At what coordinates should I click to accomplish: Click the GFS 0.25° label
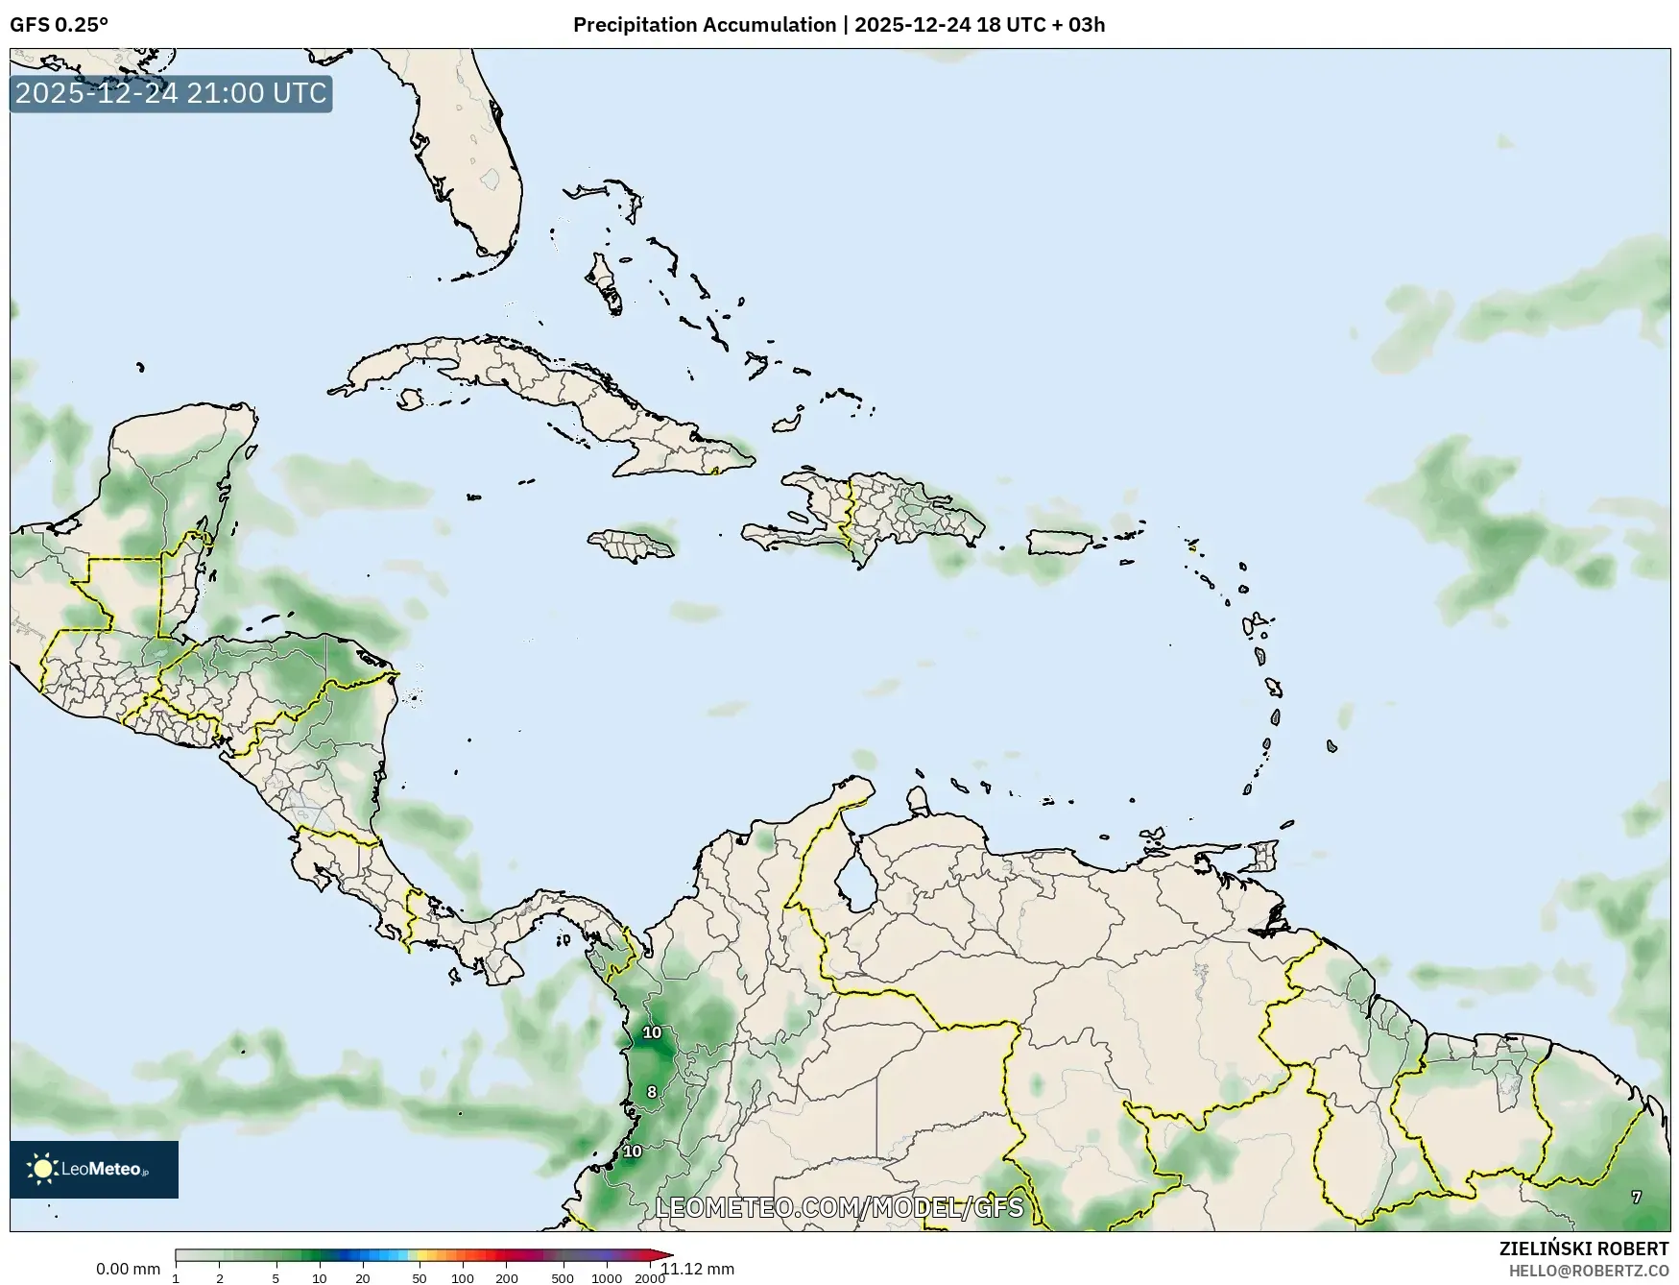(x=59, y=25)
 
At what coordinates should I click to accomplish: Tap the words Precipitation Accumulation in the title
(x=704, y=25)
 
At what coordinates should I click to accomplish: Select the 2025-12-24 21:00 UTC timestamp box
(x=171, y=93)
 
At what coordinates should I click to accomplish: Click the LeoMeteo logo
(x=93, y=1169)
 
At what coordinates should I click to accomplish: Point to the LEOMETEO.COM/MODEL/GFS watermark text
(x=839, y=1206)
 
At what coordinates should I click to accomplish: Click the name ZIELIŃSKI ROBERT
(x=1583, y=1249)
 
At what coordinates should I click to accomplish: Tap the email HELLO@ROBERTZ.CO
(x=1588, y=1271)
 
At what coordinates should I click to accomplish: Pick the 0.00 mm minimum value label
(x=128, y=1269)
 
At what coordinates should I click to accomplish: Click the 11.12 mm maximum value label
(x=698, y=1269)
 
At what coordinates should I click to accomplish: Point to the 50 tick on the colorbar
(x=419, y=1277)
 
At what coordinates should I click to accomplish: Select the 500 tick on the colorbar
(x=563, y=1277)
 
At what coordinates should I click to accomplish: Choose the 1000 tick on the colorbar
(x=606, y=1277)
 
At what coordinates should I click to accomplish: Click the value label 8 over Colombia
(x=652, y=1092)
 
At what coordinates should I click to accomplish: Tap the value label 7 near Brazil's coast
(x=1636, y=1197)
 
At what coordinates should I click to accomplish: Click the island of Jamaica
(x=631, y=546)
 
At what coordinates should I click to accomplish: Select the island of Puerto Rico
(x=1061, y=543)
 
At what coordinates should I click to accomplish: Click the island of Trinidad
(x=1265, y=854)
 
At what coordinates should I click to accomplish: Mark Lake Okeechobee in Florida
(x=492, y=179)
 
